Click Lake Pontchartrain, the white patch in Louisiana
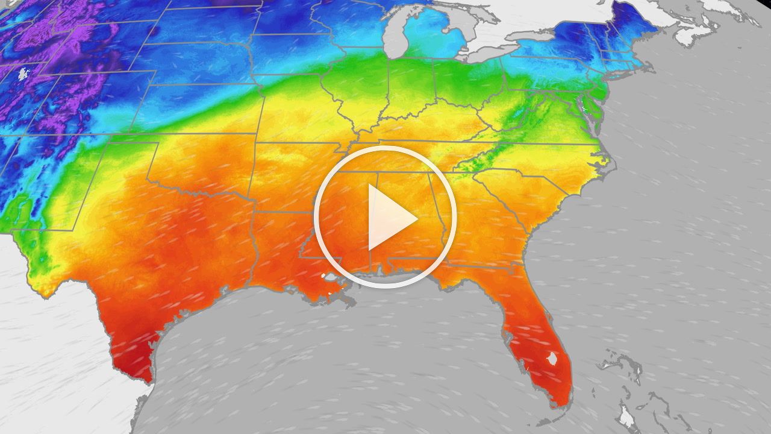point(331,277)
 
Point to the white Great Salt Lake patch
point(23,74)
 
